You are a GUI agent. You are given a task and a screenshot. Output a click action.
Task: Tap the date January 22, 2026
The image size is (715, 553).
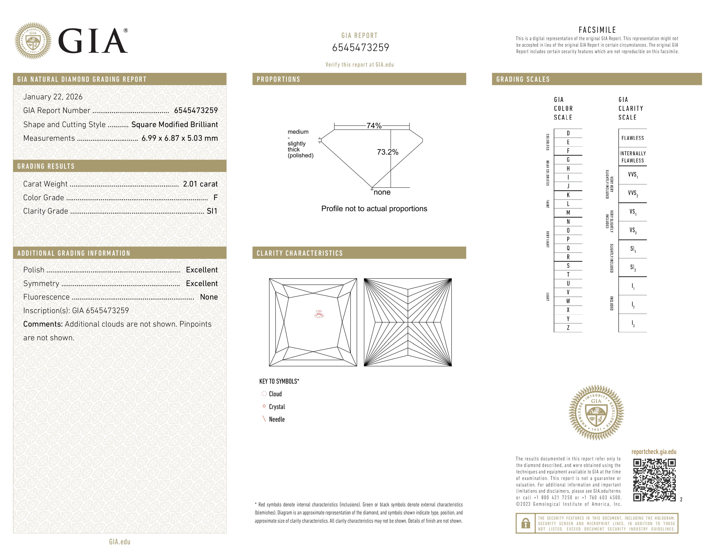pyautogui.click(x=53, y=97)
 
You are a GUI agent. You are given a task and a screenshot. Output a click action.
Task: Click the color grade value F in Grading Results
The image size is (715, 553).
pyautogui.click(x=215, y=198)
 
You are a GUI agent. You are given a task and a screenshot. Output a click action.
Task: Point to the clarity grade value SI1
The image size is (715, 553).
pyautogui.click(x=212, y=211)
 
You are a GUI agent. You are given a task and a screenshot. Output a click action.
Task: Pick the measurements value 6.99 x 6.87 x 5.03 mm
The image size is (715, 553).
pyautogui.click(x=179, y=138)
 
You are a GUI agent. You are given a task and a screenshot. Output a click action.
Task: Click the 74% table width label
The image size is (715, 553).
pyautogui.click(x=374, y=126)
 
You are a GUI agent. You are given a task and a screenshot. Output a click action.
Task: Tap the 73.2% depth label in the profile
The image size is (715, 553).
pyautogui.click(x=387, y=152)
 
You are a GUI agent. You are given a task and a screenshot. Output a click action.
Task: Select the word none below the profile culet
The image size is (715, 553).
pyautogui.click(x=382, y=192)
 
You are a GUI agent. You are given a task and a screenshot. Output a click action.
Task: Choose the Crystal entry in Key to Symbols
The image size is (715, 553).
pyautogui.click(x=277, y=407)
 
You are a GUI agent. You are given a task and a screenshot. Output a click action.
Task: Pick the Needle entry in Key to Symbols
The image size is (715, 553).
pyautogui.click(x=277, y=419)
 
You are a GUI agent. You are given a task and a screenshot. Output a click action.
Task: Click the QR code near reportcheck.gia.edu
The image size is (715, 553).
pyautogui.click(x=654, y=480)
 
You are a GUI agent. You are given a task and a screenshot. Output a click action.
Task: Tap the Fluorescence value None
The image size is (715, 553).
pyautogui.click(x=209, y=297)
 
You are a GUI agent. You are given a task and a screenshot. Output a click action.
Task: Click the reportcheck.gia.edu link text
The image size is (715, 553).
pyautogui.click(x=654, y=452)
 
